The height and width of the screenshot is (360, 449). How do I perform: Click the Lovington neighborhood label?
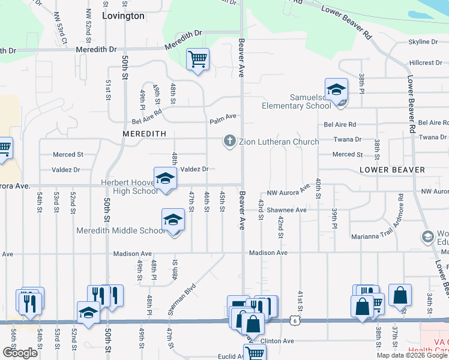coord(123,16)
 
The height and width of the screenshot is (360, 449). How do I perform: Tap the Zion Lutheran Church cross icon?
coord(229,142)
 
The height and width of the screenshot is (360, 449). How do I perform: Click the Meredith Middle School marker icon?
coord(173,220)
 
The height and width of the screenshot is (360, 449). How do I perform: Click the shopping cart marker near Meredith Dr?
coord(197,59)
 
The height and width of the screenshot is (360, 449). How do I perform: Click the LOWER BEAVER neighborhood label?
coord(392,170)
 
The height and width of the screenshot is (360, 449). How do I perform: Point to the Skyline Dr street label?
coord(423,41)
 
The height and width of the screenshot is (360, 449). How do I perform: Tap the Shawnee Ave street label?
coord(287,210)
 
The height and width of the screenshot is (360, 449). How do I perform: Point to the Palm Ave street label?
coord(223,121)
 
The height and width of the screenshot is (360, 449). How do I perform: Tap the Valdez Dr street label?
coord(194,169)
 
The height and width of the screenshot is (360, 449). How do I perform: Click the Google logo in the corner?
coord(20,352)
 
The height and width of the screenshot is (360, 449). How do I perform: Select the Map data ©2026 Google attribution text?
coord(411,355)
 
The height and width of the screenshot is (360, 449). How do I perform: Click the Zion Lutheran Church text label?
coord(279,142)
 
